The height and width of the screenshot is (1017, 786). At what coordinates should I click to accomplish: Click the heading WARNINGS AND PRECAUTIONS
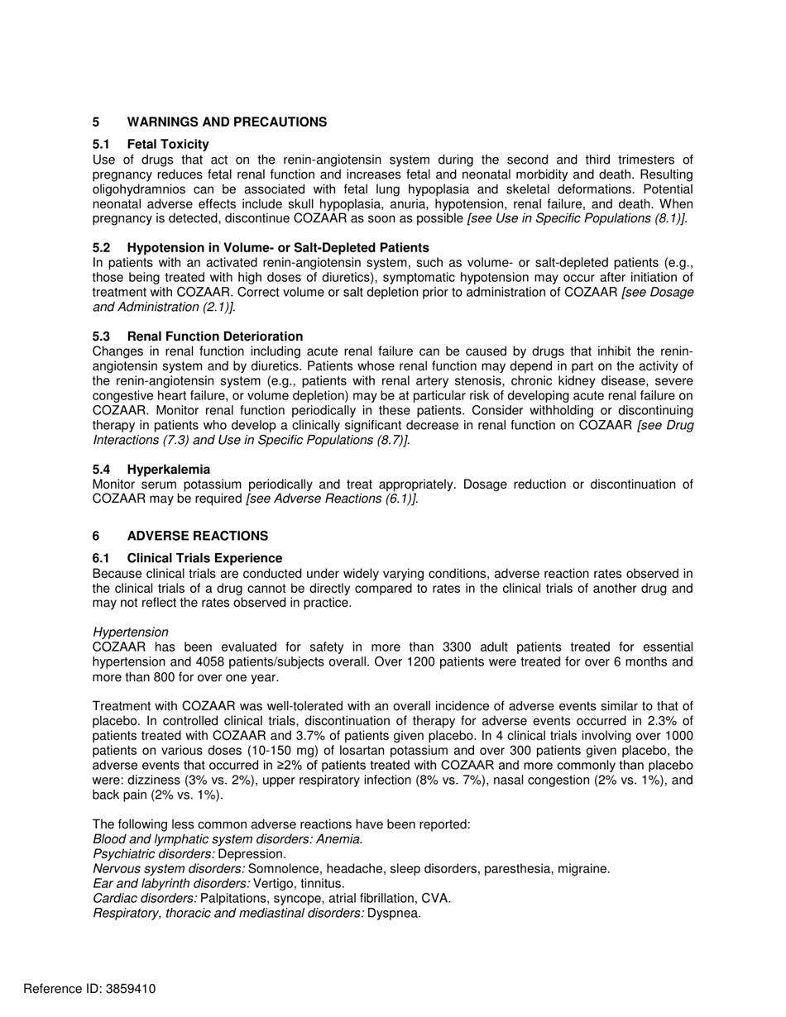click(x=227, y=122)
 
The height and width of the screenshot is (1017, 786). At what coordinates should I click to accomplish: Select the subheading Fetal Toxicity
click(x=168, y=145)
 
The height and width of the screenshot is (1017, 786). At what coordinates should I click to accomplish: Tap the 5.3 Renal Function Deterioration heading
click(x=214, y=337)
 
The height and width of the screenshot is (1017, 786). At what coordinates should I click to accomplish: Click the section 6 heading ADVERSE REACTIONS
click(x=197, y=536)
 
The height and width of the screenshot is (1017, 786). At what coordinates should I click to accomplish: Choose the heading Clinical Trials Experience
click(x=204, y=558)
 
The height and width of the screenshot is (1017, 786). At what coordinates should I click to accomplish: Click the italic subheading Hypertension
click(x=131, y=633)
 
